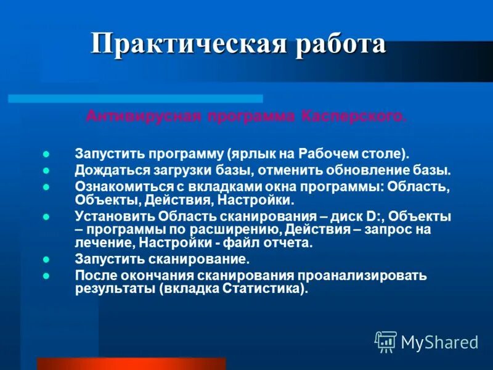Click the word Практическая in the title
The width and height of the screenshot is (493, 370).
pyautogui.click(x=188, y=44)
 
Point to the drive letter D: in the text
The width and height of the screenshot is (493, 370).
pyautogui.click(x=370, y=216)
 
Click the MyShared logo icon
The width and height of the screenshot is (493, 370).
pyautogui.click(x=386, y=341)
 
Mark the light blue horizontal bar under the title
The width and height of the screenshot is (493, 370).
pyautogui.click(x=136, y=98)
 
